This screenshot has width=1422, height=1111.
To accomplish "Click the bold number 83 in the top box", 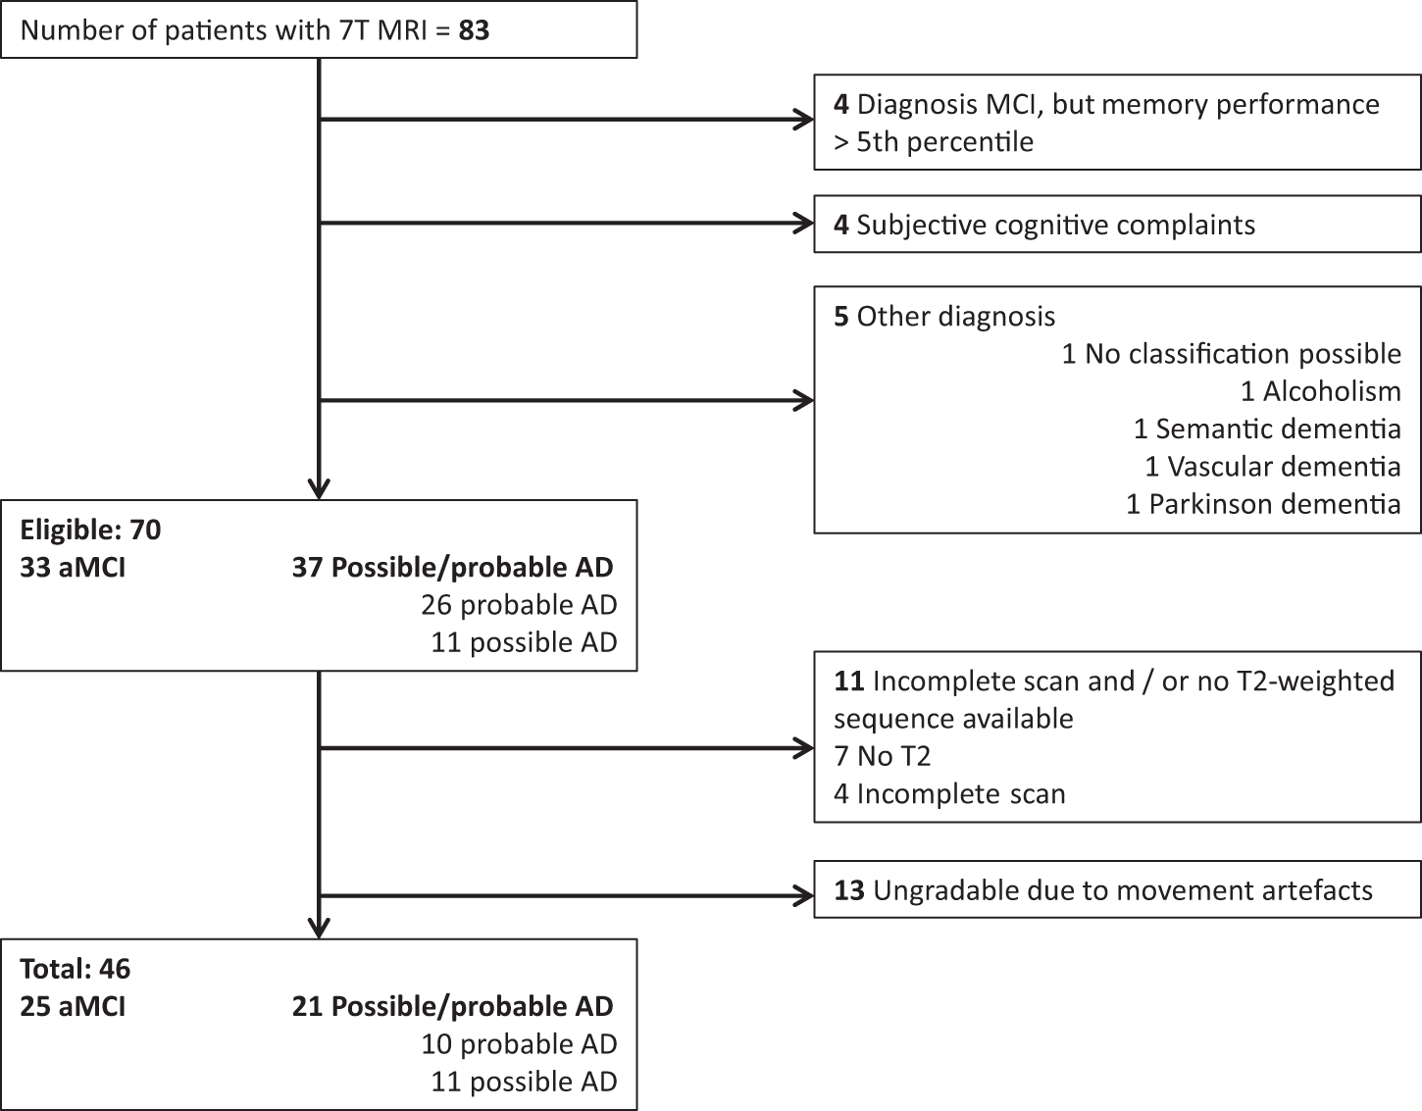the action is point(474,30).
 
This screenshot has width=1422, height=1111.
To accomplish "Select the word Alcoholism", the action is point(1332,391).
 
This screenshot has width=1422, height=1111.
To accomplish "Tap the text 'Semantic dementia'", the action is point(1278,429).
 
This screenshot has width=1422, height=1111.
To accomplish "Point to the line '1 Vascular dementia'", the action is point(1273,467).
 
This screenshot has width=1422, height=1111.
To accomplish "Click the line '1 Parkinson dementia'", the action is point(1264,504).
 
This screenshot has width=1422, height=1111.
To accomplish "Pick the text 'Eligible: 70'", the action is point(90,530).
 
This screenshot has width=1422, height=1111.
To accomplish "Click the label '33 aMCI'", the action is point(73,568).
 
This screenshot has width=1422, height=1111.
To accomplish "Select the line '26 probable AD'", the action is point(519,605).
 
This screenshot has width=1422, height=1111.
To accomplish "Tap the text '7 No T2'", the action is point(882,756).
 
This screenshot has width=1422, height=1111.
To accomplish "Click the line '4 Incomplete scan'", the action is point(949,794).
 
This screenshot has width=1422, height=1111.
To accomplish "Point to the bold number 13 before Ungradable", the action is point(849,890).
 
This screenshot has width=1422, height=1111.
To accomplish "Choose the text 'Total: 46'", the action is point(76,969).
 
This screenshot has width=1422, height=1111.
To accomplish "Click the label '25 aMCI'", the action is point(73,1006).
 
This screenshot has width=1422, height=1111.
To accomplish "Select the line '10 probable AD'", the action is point(519,1044).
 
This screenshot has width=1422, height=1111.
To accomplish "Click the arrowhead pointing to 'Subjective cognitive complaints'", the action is point(803,224).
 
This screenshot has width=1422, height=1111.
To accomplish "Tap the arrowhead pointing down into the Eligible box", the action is point(319,489).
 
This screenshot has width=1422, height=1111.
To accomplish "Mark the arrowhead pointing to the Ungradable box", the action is point(803,895).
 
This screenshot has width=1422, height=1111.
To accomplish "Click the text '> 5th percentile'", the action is point(934,142).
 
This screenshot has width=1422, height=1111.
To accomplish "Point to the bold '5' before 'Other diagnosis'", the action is point(840,317).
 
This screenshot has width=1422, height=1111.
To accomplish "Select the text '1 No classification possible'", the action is point(1232,354).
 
